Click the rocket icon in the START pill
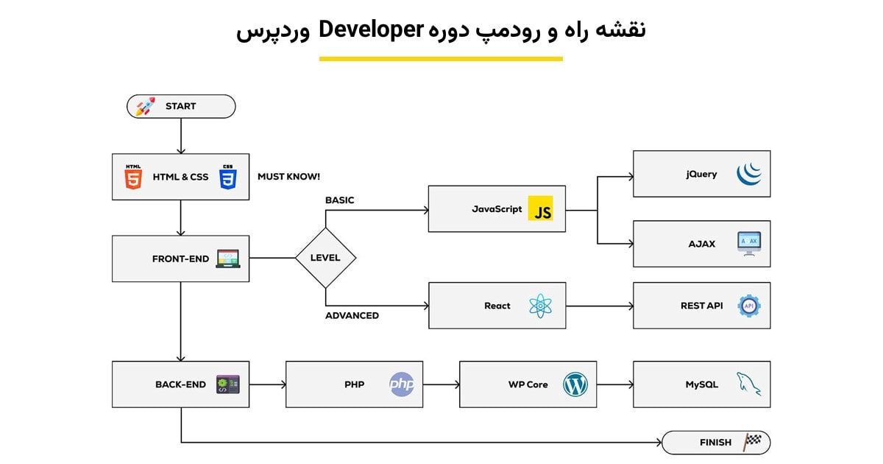[x=145, y=107]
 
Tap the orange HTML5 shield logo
[x=133, y=177]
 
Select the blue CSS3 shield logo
[x=227, y=177]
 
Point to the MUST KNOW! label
[x=288, y=177]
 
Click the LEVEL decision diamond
[x=325, y=258]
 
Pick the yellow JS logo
[x=542, y=209]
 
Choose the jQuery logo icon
[x=749, y=174]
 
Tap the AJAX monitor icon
[x=749, y=244]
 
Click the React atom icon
[x=541, y=306]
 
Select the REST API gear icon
[x=749, y=306]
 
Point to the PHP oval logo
[x=402, y=384]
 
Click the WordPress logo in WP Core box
[x=575, y=384]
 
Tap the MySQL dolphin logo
[x=749, y=384]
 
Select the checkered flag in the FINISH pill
[x=752, y=442]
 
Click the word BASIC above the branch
[x=340, y=200]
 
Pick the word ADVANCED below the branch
[x=352, y=315]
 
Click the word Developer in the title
[x=371, y=30]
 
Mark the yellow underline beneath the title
[x=441, y=59]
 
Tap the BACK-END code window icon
[x=227, y=384]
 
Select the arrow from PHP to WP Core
[x=441, y=384]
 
